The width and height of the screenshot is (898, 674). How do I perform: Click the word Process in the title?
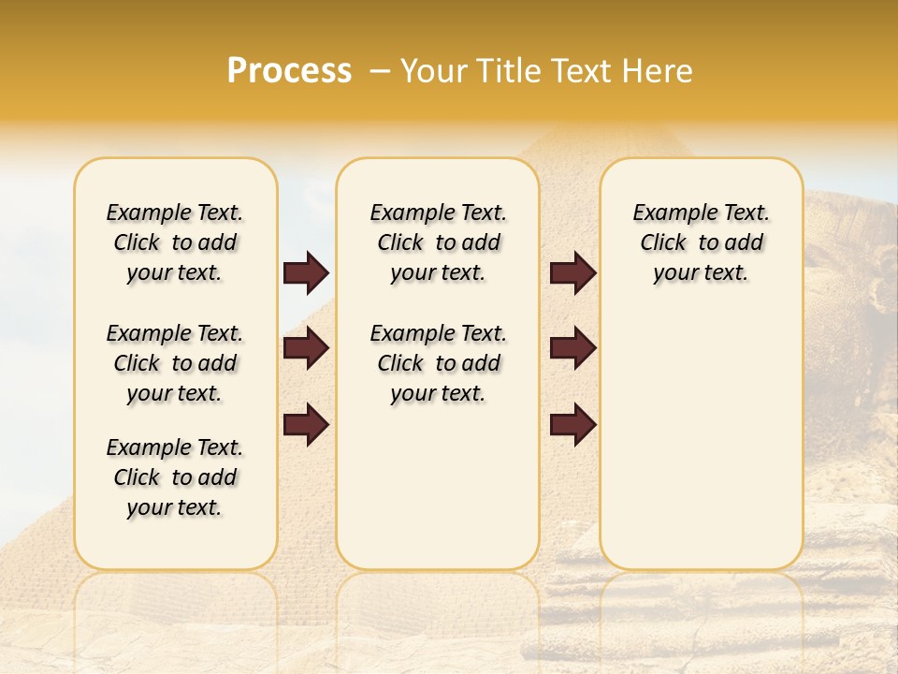click(289, 71)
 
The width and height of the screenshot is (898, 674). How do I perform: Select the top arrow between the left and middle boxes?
click(306, 272)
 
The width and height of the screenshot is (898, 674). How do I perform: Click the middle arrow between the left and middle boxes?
click(306, 348)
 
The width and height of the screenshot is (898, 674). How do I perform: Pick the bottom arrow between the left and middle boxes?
click(306, 424)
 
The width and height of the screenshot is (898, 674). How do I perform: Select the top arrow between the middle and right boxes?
click(572, 272)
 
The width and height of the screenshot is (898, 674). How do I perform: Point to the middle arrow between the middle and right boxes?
click(572, 348)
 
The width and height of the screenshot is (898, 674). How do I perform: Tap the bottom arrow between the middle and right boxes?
click(572, 424)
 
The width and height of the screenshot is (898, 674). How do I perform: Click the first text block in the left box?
click(175, 242)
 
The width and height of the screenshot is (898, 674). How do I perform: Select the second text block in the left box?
click(175, 363)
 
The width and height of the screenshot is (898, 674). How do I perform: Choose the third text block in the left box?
click(175, 477)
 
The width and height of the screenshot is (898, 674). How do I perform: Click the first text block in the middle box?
click(438, 242)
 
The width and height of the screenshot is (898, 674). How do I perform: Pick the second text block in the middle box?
click(438, 363)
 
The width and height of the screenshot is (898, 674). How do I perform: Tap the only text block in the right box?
click(701, 242)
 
